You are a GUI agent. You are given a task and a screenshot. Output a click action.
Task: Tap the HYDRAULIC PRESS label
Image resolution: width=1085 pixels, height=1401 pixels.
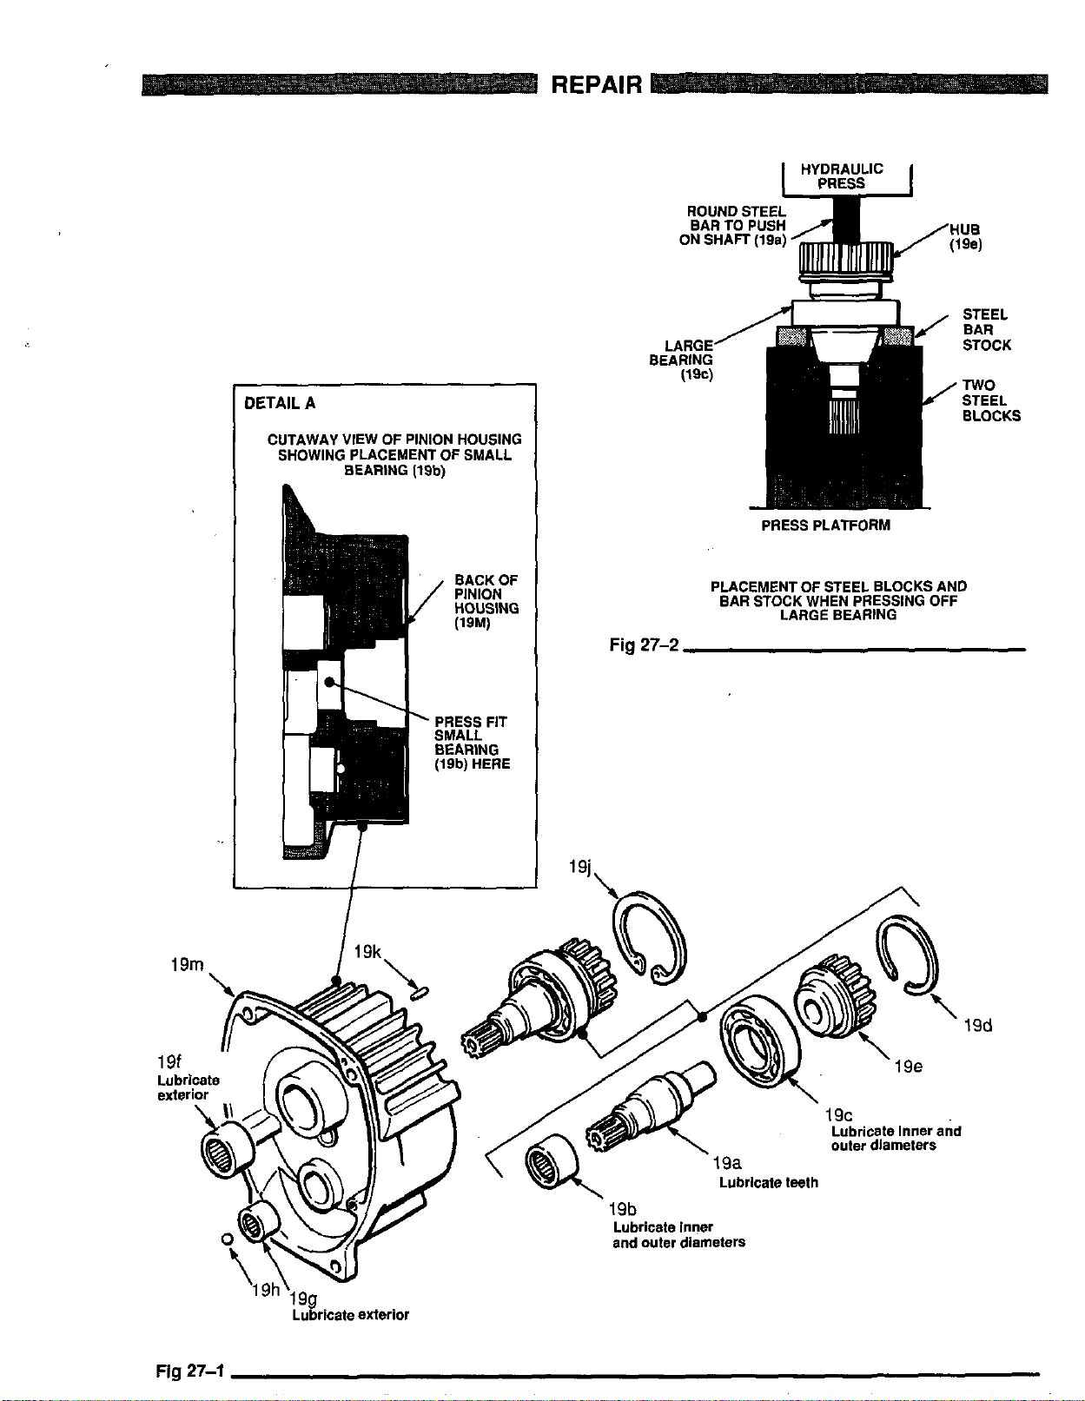tap(841, 176)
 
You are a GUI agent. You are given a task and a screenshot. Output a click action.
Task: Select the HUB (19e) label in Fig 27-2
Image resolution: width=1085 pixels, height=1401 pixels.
tap(964, 236)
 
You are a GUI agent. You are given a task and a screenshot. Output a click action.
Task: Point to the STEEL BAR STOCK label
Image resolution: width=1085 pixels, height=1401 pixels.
tap(986, 330)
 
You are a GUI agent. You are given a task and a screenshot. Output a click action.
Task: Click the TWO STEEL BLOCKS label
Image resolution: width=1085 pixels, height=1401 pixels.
tap(990, 400)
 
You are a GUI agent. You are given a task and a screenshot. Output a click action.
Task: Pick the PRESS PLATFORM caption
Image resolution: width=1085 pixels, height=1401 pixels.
tap(825, 525)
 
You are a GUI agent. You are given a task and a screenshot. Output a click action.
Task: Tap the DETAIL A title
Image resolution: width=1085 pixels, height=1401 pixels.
tap(280, 403)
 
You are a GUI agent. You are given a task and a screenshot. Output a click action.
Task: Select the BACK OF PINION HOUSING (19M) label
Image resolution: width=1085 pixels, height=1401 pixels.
tap(486, 601)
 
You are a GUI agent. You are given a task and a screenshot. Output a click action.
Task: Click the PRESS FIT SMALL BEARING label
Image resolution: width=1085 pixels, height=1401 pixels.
tap(471, 743)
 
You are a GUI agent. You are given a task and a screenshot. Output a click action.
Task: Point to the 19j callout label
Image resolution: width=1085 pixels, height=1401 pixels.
tap(579, 867)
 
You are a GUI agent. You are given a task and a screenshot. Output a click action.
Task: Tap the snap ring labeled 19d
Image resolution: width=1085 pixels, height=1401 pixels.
tap(908, 955)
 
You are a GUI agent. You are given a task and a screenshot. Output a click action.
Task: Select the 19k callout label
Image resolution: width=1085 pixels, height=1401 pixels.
tap(369, 952)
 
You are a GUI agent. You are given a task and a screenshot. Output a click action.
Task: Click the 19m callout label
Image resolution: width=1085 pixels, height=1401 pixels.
tap(187, 964)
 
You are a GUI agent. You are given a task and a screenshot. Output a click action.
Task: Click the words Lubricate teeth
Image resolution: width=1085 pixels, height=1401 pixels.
tap(768, 1182)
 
